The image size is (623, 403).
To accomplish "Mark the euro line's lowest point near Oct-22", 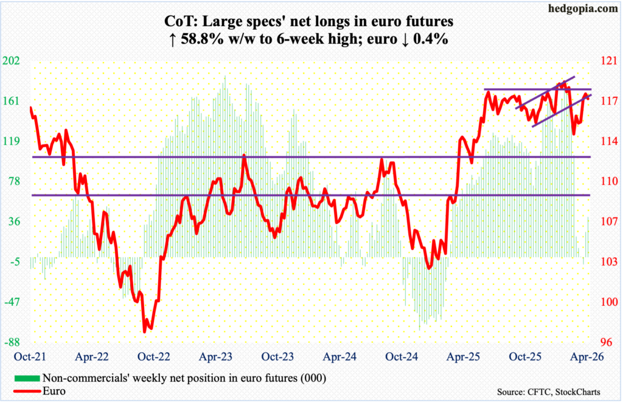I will point(145,331).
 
